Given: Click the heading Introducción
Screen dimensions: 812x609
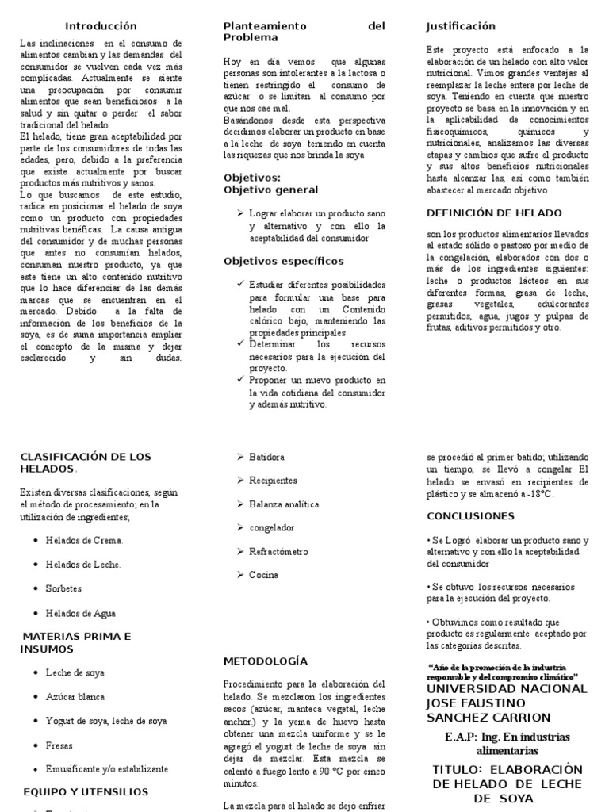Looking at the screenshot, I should point(101,26).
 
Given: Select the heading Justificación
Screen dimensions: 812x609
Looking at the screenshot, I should point(461,26).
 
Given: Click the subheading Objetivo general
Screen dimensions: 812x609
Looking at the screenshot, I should point(270,190).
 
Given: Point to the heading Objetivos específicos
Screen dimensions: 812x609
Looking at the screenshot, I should point(283,261).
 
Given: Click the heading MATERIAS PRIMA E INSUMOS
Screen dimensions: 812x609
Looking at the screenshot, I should point(76,642).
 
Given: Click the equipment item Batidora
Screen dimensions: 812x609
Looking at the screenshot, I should point(266,457).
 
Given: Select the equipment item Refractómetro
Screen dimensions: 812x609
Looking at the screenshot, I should point(279,551).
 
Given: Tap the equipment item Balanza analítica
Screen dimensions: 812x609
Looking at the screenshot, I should point(284,504).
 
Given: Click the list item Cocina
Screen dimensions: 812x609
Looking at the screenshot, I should point(264,575).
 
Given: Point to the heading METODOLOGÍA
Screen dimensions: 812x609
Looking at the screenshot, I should point(265,661).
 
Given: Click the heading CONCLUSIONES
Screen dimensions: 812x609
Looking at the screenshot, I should point(470,515).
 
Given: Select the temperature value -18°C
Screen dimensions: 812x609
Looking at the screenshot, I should point(538,493).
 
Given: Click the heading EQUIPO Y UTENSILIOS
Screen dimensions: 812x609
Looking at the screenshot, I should point(86,791).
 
